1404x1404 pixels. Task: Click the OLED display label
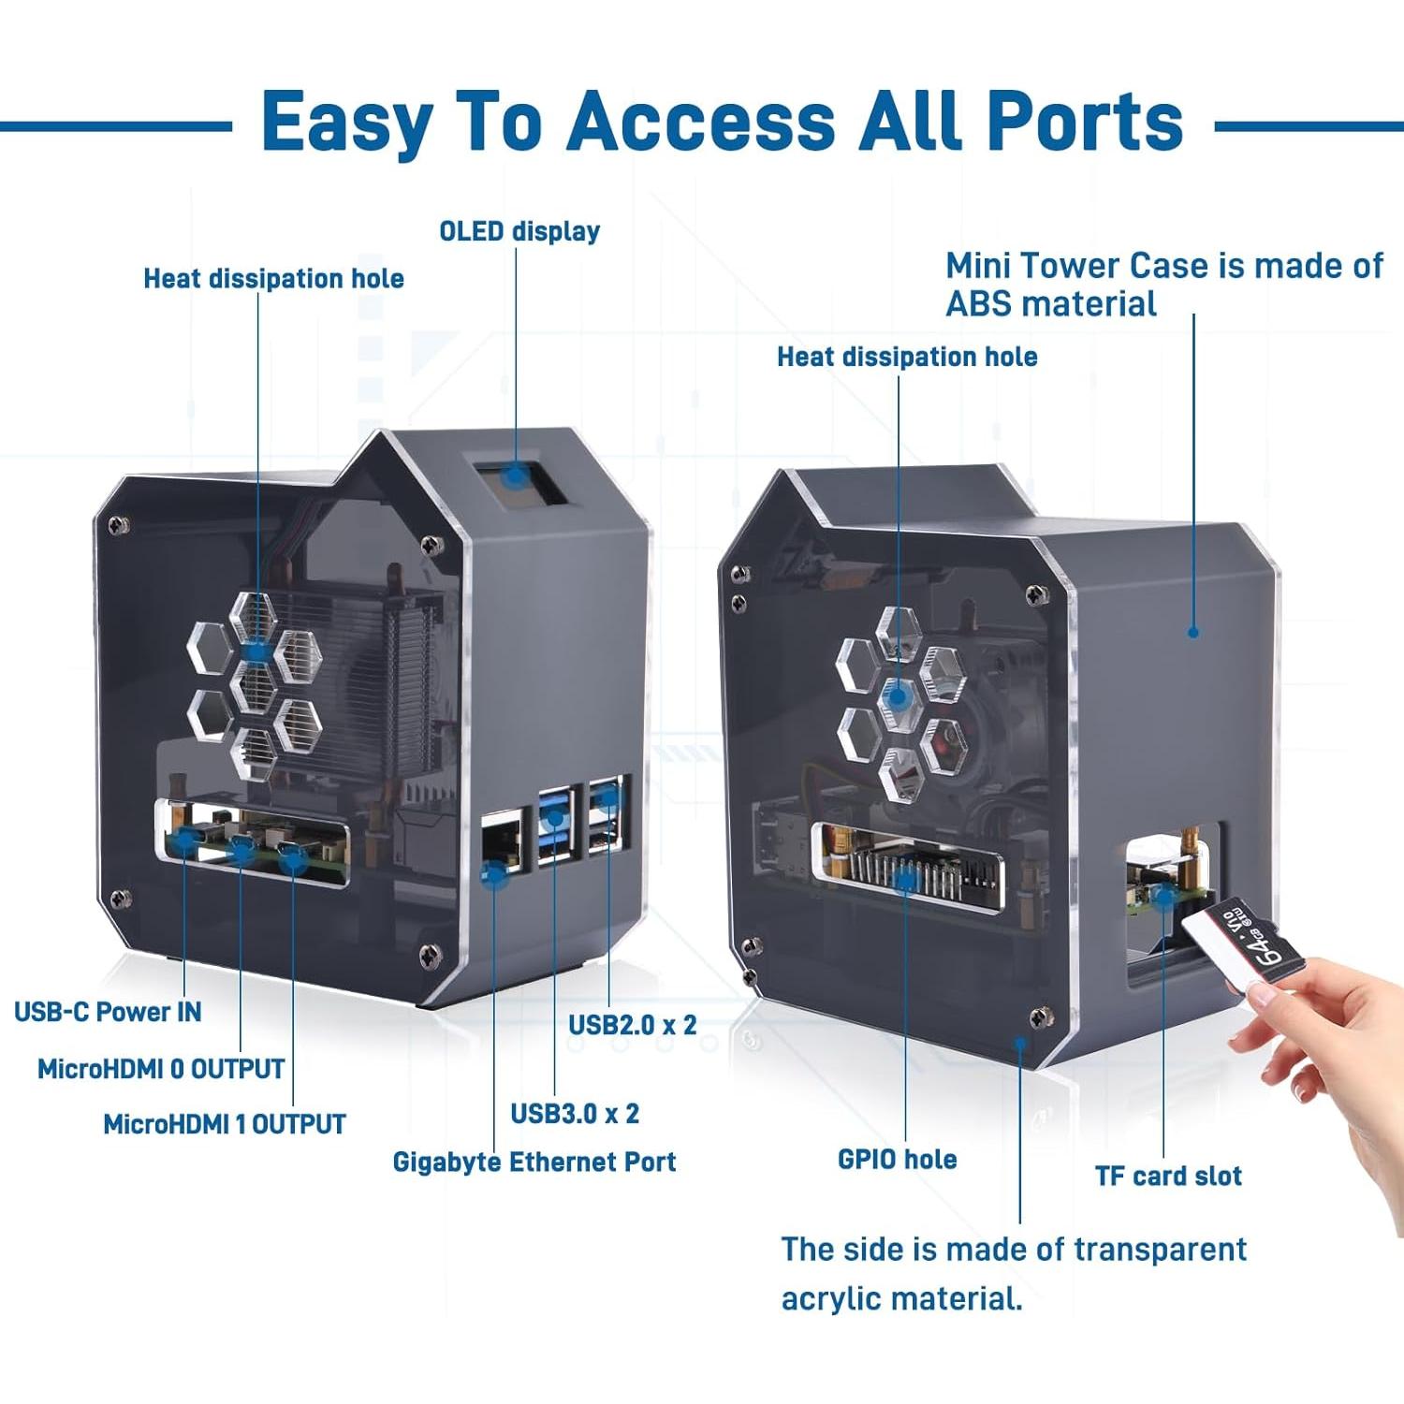[519, 231]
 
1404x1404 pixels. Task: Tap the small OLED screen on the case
[513, 476]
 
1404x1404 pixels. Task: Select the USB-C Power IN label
[108, 1012]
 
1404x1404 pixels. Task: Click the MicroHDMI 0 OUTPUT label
[161, 1069]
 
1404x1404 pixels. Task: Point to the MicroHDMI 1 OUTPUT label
[225, 1124]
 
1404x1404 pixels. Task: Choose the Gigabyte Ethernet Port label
[534, 1163]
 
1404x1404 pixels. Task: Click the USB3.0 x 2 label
[575, 1114]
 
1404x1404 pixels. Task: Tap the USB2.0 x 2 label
[633, 1025]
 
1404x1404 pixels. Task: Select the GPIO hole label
[897, 1160]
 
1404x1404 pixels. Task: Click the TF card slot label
[1168, 1177]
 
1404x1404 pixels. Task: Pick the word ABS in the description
[979, 304]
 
